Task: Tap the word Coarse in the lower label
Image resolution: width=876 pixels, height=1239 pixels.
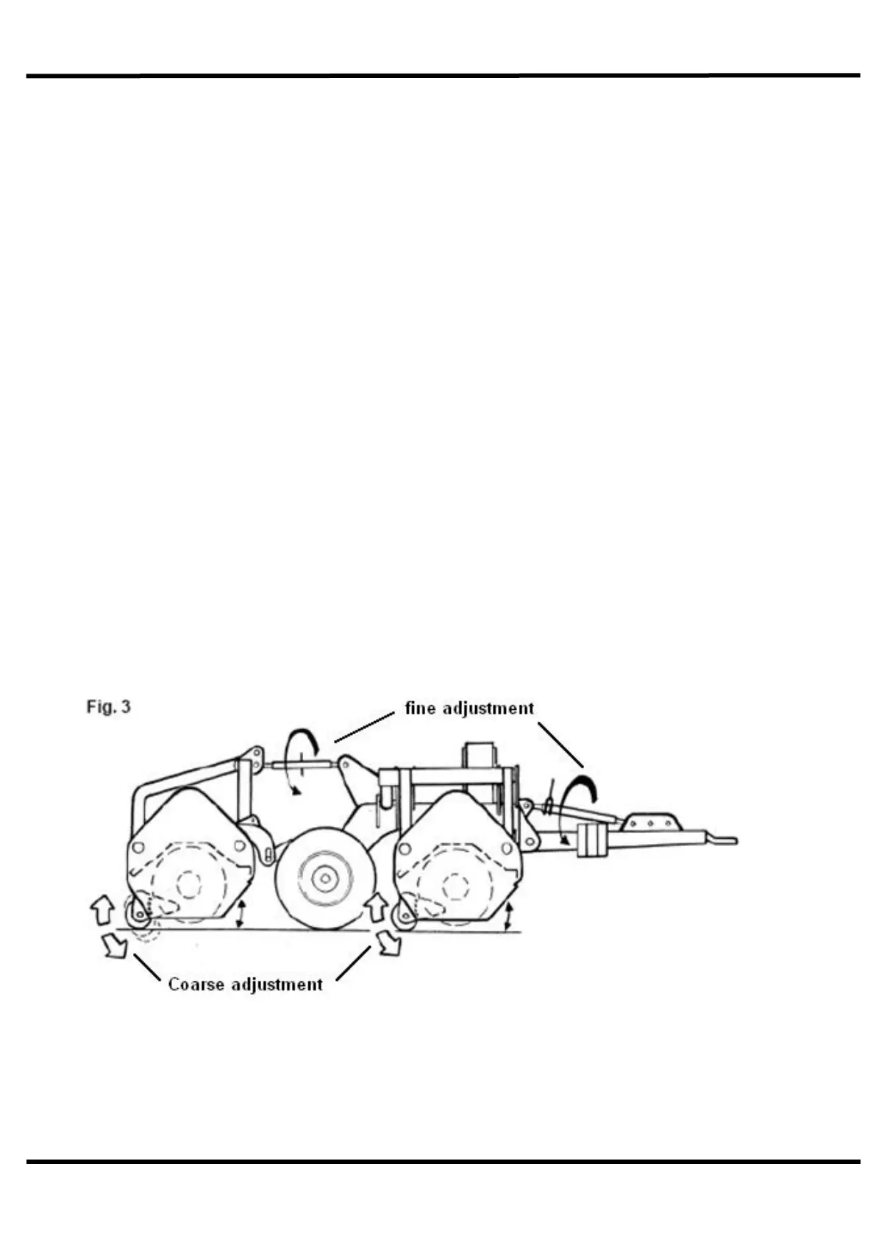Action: coord(196,984)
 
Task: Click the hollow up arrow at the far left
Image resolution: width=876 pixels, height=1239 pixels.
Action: coord(100,909)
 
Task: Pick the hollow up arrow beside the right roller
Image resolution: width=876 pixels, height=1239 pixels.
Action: coord(377,907)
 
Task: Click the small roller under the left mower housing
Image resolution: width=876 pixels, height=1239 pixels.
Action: coord(138,916)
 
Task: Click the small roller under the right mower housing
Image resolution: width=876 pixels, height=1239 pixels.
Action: coord(403,916)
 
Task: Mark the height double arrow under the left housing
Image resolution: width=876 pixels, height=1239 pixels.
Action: coord(240,913)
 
